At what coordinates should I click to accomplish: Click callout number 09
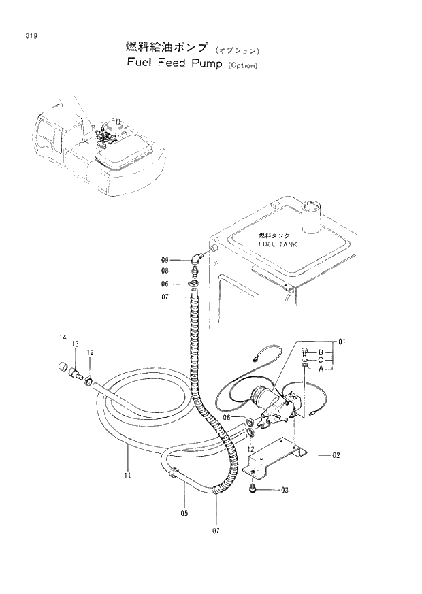tap(165, 260)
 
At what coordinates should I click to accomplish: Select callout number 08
tap(165, 271)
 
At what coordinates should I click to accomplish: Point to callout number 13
tap(75, 344)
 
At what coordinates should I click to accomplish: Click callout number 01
tap(342, 341)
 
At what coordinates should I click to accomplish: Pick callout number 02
tap(336, 456)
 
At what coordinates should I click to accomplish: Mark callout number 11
tap(127, 476)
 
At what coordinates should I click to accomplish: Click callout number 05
tap(184, 514)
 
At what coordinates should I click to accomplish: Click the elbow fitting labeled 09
tap(197, 257)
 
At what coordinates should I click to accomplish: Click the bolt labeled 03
tap(254, 488)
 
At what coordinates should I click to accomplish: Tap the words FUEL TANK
tap(278, 243)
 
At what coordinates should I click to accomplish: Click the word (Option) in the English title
tap(243, 67)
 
